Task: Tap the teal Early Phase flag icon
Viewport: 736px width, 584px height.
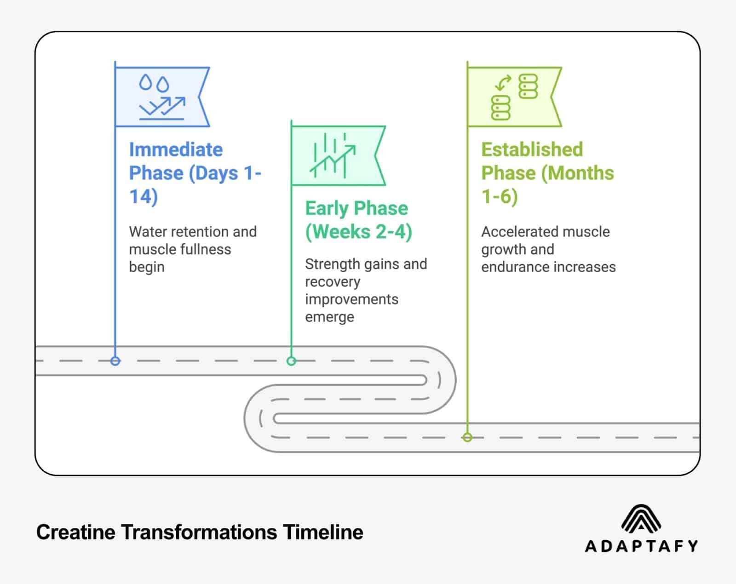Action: click(x=335, y=155)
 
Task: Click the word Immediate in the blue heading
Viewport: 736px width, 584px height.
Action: click(x=176, y=150)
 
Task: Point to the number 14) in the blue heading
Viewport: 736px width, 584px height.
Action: click(x=144, y=197)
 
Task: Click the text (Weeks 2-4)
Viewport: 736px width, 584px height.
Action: click(x=358, y=232)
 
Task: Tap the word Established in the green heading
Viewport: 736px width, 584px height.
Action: click(x=532, y=150)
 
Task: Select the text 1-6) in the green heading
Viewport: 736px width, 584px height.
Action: click(x=500, y=197)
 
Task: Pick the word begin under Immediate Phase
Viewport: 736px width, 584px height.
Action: click(x=146, y=267)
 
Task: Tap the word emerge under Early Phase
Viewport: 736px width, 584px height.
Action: click(x=329, y=317)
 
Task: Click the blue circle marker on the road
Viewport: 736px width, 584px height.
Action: click(x=115, y=361)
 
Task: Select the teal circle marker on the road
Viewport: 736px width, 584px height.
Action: click(x=291, y=361)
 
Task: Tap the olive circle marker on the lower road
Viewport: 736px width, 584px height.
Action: click(x=467, y=437)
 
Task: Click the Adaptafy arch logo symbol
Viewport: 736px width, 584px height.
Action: click(x=641, y=518)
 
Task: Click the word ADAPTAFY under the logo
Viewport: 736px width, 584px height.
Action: click(x=641, y=546)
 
